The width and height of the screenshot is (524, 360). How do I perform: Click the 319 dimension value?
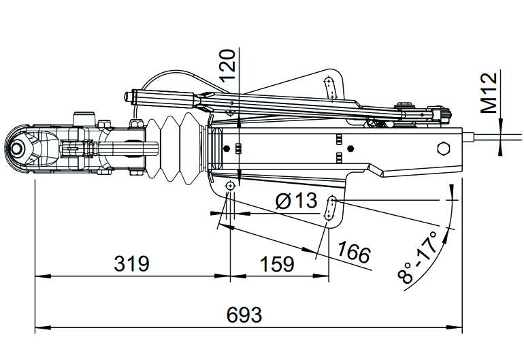(x=129, y=263)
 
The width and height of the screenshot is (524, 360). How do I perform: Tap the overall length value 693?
(x=244, y=316)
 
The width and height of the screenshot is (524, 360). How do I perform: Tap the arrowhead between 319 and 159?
(x=230, y=276)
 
